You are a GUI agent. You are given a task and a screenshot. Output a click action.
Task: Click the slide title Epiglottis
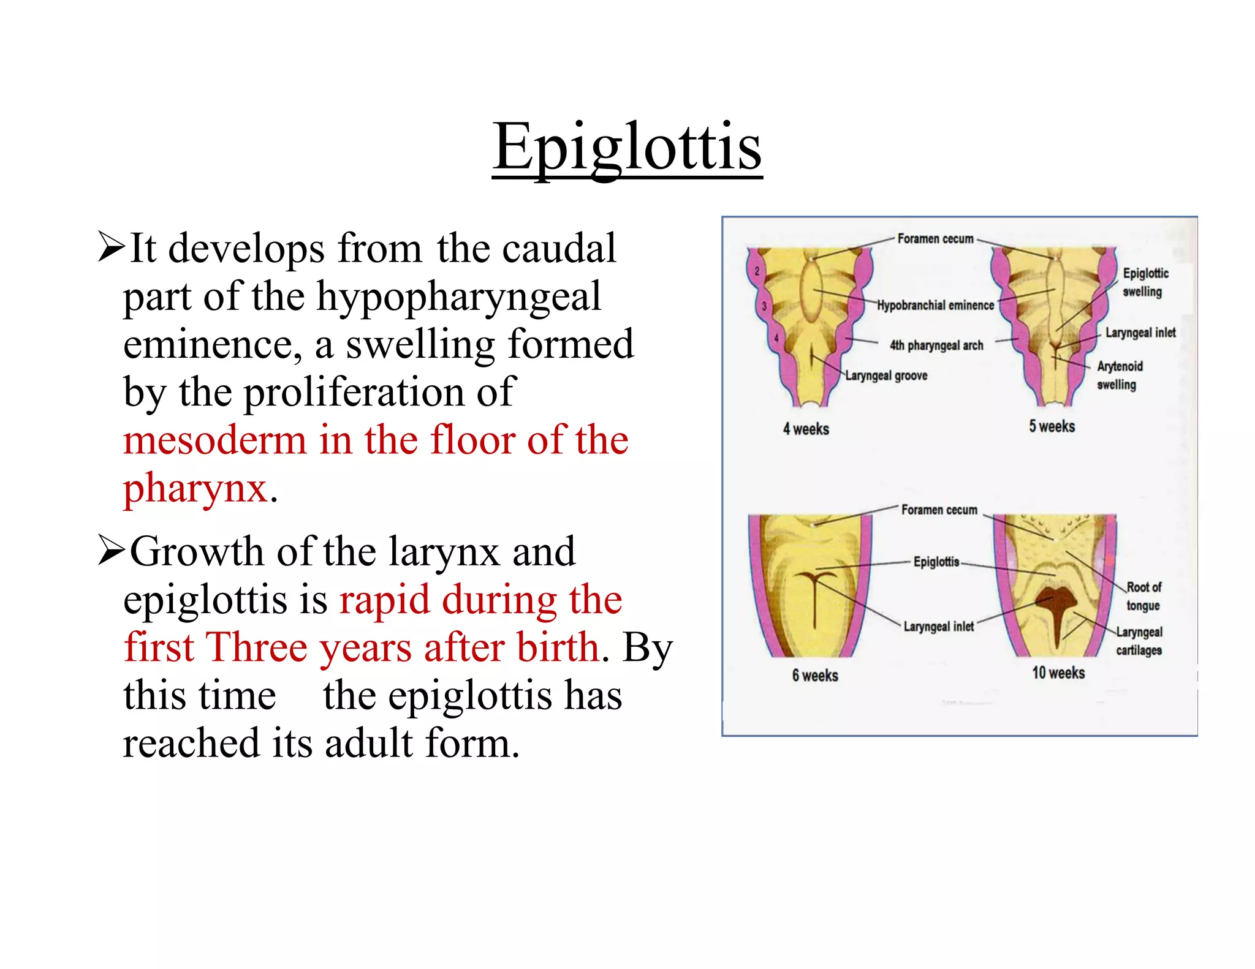click(627, 147)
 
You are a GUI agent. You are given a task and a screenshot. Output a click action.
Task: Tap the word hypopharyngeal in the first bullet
click(458, 297)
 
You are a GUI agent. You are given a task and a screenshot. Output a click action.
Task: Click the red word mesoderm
click(214, 440)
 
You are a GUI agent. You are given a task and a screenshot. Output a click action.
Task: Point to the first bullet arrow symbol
click(112, 249)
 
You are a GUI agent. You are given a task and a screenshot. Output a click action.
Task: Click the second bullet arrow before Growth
click(112, 552)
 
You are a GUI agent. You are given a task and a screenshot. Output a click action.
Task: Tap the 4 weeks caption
click(805, 429)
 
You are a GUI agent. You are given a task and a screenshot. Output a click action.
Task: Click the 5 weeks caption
click(1052, 426)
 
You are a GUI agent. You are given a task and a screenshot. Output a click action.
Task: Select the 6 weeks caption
click(814, 676)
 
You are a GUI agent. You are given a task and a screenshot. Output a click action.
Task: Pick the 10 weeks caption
click(1058, 673)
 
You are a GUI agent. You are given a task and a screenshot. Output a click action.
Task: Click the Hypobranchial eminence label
click(935, 305)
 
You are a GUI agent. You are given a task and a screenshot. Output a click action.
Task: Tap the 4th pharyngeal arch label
click(936, 345)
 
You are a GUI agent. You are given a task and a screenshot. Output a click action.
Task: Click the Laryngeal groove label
click(886, 375)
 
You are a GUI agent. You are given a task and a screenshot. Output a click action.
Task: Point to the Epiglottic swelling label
click(1145, 282)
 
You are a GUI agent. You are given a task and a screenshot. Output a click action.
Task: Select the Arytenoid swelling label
click(1119, 375)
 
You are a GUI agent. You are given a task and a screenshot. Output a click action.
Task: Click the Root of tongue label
click(1143, 596)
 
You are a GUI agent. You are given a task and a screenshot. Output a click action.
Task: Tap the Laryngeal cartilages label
click(1139, 641)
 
